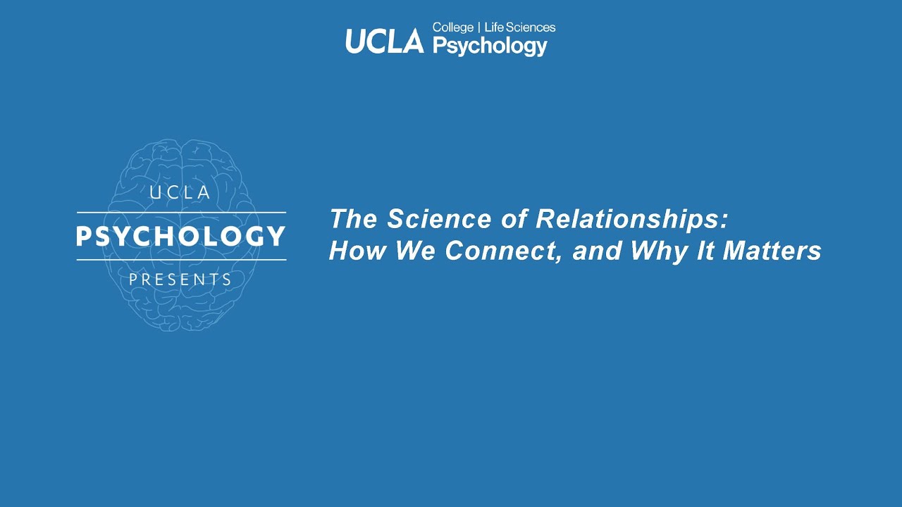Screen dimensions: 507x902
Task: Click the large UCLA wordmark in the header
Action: [x=384, y=42]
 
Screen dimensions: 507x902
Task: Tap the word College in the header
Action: [x=452, y=27]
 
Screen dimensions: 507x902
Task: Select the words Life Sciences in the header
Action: [x=520, y=27]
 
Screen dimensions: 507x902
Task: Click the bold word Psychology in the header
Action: [x=489, y=46]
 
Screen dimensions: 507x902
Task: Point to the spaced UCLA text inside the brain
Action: [x=181, y=192]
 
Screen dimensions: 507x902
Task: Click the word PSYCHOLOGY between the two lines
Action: [x=181, y=236]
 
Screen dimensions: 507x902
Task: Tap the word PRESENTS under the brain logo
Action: [x=181, y=280]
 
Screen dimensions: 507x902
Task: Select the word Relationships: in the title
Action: [x=631, y=220]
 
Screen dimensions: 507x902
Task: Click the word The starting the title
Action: [x=354, y=220]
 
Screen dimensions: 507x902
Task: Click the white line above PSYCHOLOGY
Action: [x=181, y=212]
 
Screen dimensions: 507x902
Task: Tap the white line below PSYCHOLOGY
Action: [x=181, y=260]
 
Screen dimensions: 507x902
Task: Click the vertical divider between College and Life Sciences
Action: [x=479, y=27]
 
